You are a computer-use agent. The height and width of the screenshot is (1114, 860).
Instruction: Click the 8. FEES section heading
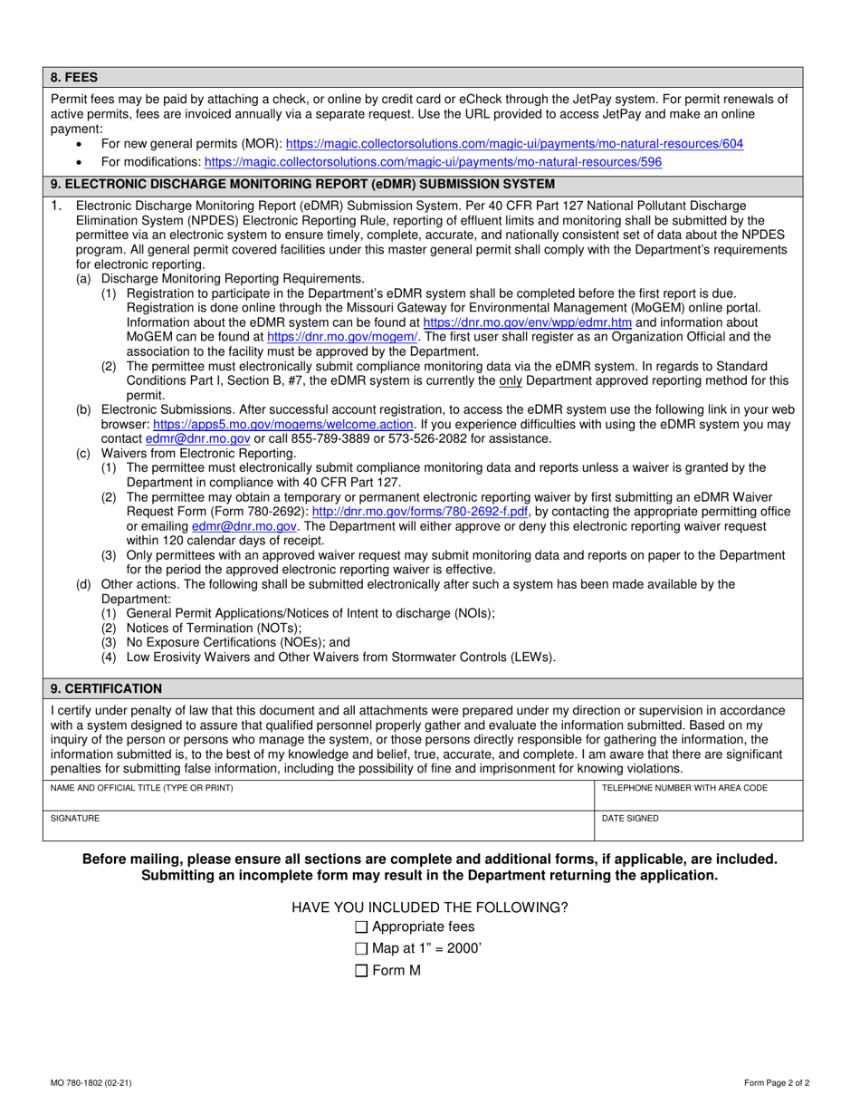(x=74, y=78)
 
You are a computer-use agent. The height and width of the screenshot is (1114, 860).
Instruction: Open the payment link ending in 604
(x=515, y=144)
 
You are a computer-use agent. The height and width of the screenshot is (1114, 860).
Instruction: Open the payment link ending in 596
(x=433, y=162)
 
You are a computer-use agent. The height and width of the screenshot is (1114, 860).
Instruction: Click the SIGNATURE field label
(x=75, y=819)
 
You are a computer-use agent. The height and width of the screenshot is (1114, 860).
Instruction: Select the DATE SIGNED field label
(x=630, y=819)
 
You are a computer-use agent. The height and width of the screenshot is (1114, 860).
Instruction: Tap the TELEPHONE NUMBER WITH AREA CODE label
(x=684, y=788)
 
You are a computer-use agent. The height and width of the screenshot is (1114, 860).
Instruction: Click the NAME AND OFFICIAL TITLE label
(x=142, y=788)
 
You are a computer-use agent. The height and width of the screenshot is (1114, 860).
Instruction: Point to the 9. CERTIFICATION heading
(x=106, y=688)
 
